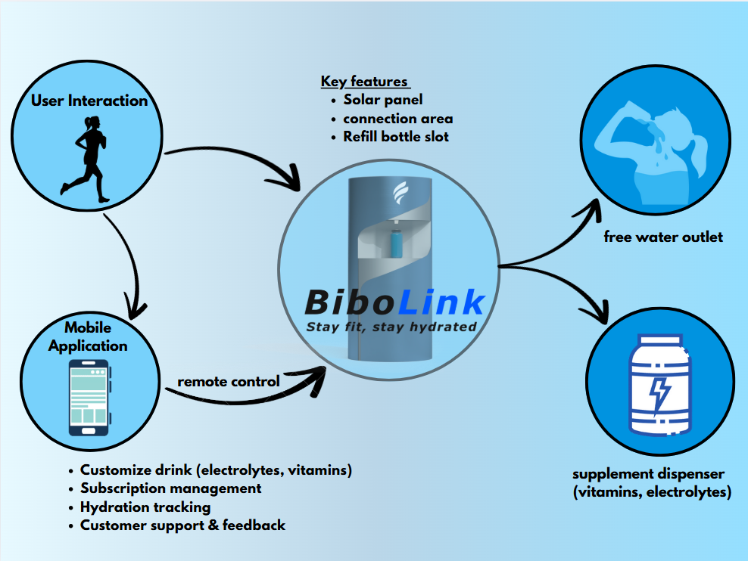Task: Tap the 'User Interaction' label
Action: click(89, 101)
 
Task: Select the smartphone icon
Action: click(89, 397)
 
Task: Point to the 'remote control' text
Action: click(229, 381)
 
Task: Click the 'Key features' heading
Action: click(364, 82)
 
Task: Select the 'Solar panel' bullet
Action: click(382, 100)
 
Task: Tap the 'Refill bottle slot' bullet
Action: click(395, 137)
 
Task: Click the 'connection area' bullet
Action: click(397, 119)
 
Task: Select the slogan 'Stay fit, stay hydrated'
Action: click(391, 327)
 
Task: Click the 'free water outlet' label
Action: click(663, 237)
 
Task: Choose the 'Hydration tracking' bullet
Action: click(145, 507)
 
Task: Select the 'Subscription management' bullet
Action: click(170, 488)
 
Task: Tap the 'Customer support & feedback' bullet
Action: click(182, 525)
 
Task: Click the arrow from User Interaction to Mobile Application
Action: click(130, 261)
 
